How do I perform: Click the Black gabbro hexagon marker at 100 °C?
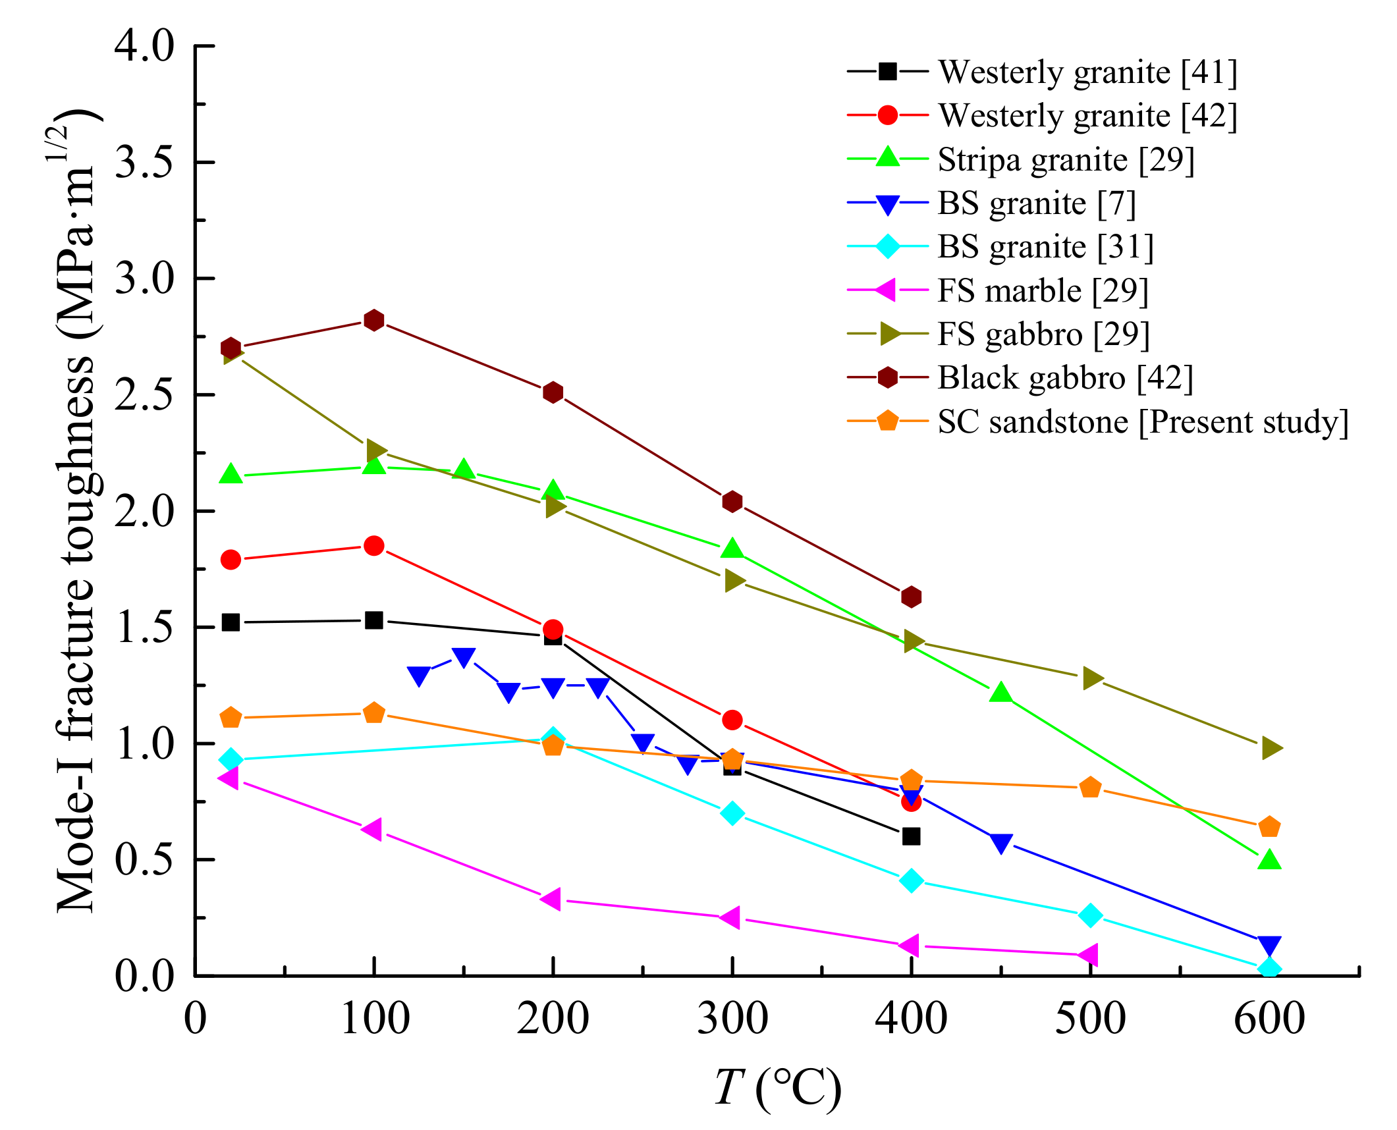click(x=373, y=320)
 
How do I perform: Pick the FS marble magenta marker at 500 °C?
click(x=1089, y=954)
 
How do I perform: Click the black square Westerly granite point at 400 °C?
click(x=911, y=836)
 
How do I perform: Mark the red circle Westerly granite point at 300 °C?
click(x=732, y=720)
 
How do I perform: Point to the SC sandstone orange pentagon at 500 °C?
click(x=1090, y=788)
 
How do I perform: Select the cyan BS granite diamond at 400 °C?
click(x=911, y=880)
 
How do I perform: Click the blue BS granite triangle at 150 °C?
click(x=464, y=657)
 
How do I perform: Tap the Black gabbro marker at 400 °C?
click(x=911, y=597)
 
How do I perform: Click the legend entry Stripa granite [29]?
click(x=1065, y=159)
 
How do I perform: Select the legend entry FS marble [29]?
click(x=1042, y=290)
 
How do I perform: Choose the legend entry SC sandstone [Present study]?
click(x=1143, y=421)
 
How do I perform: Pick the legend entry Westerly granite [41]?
click(x=1087, y=72)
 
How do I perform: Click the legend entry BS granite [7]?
click(x=1036, y=203)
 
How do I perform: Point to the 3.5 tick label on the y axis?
click(x=145, y=162)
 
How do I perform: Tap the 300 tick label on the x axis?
click(x=732, y=1018)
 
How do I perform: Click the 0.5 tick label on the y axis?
click(x=145, y=859)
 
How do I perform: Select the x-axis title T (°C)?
click(x=778, y=1087)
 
